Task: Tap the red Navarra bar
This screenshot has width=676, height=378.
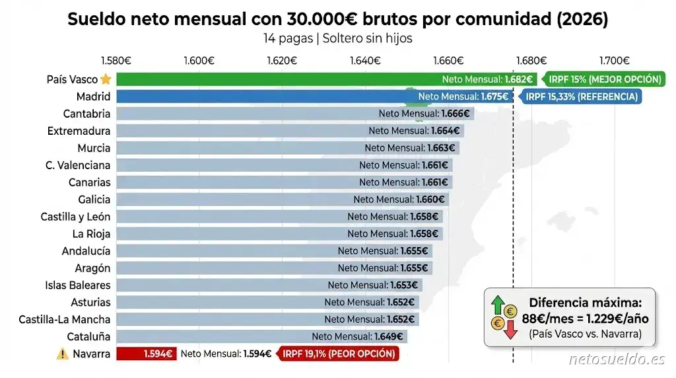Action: [146, 354]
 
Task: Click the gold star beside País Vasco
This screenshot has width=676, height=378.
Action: [106, 79]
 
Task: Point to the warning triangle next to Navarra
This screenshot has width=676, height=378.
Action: [62, 354]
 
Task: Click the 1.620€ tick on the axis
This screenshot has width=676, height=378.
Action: [281, 60]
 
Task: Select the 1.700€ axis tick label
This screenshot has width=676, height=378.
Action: [615, 60]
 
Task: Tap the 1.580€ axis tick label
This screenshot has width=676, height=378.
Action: [116, 60]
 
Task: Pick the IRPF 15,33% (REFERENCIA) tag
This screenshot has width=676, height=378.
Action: [580, 96]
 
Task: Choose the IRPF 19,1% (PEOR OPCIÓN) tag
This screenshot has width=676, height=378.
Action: [339, 354]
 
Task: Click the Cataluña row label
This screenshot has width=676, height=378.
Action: [88, 336]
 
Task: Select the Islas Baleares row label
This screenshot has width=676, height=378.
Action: [77, 285]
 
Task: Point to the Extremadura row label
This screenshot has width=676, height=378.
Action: [79, 131]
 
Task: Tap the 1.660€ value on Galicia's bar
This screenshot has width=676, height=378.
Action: [430, 200]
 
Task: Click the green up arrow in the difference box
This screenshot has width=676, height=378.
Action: [497, 305]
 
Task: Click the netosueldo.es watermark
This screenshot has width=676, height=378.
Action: [617, 359]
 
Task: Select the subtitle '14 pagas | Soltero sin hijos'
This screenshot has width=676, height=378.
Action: [337, 38]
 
